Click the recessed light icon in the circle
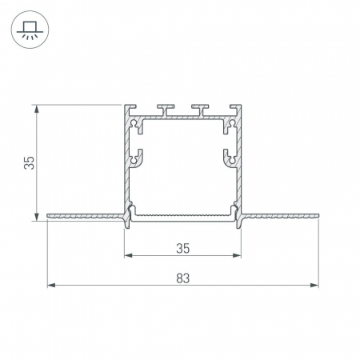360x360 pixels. [x=30, y=30]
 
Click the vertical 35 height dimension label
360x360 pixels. [x=29, y=163]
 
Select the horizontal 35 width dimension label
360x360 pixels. [x=183, y=249]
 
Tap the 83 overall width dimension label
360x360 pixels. [x=183, y=278]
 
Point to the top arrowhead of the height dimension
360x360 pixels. [x=37, y=109]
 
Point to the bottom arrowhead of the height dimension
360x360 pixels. [x=37, y=217]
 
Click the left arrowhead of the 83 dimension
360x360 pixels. [x=51, y=286]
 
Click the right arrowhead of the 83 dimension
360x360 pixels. [x=314, y=286]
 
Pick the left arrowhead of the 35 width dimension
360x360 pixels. [x=128, y=255]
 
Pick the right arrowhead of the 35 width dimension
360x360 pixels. [x=237, y=255]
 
